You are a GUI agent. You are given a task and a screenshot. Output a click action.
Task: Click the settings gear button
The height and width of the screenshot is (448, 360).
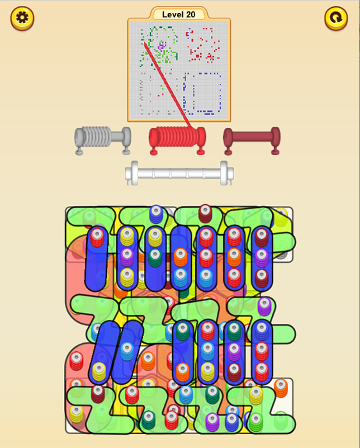22,19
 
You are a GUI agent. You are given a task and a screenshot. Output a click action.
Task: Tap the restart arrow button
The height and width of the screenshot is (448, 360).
336,19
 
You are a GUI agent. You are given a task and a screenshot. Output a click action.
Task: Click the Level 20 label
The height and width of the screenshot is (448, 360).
178,15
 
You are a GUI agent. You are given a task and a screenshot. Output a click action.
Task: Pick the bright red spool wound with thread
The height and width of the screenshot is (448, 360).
177,140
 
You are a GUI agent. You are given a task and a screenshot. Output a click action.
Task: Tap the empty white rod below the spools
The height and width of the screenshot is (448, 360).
179,173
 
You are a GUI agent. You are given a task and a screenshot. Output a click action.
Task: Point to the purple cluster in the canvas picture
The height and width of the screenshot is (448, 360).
161,47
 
